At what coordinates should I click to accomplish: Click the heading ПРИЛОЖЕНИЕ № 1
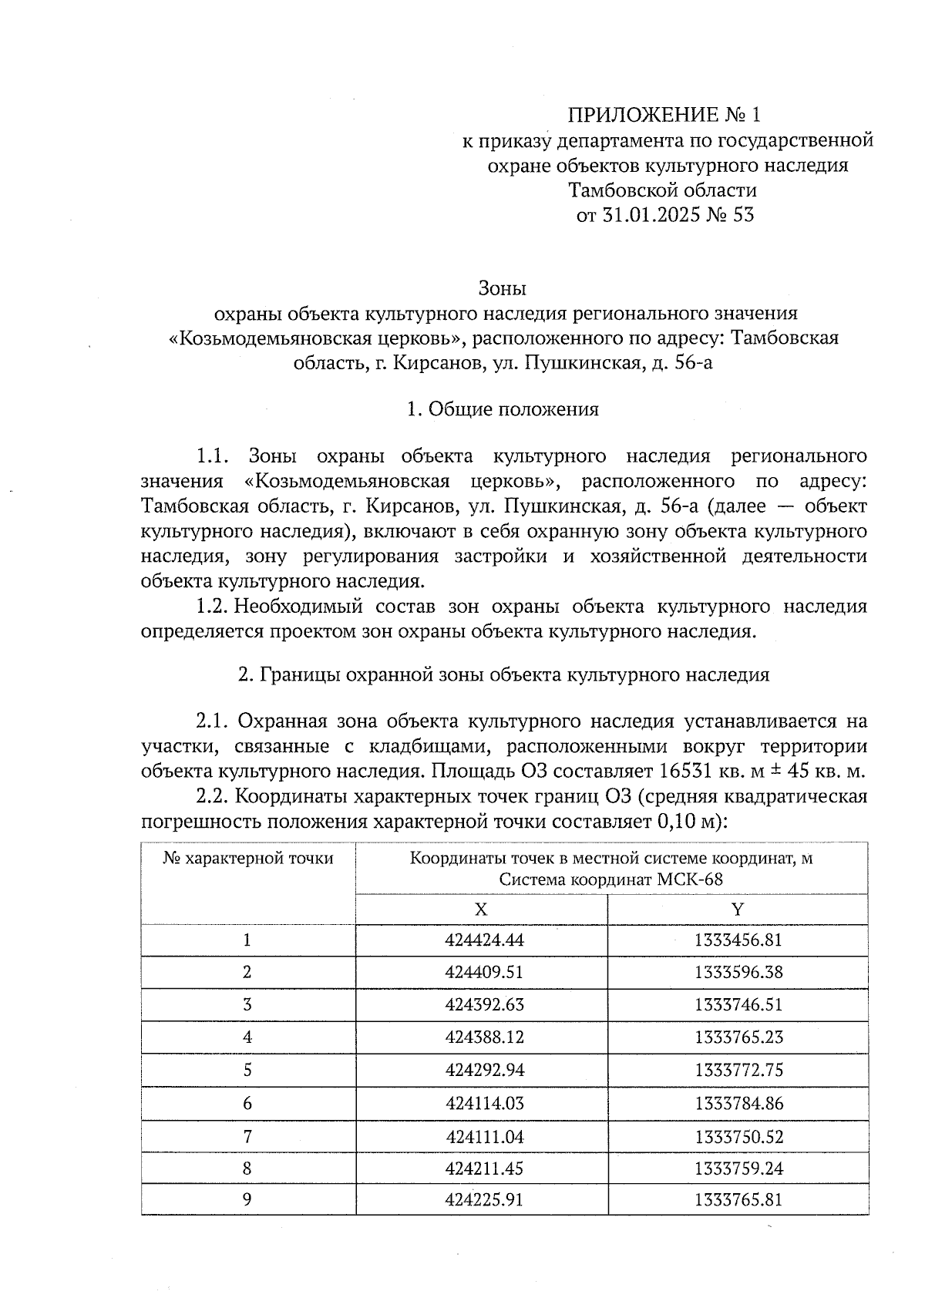coord(663,116)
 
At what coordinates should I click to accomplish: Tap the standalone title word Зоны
coord(502,289)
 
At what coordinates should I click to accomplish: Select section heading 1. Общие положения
coord(503,409)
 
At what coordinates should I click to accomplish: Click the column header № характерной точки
coord(248,859)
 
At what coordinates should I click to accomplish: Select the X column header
coord(481,910)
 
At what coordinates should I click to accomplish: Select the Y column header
coord(738,910)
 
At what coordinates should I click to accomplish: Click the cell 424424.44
coord(484,940)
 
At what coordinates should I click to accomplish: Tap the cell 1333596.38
coord(738,973)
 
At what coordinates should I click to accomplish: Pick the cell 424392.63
coord(484,1005)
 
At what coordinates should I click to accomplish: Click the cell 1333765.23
coord(738,1037)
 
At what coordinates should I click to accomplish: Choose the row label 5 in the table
coord(247,1071)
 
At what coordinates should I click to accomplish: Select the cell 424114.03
coord(484,1104)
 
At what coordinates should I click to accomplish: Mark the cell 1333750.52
coord(738,1137)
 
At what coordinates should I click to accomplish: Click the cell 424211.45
coord(484,1169)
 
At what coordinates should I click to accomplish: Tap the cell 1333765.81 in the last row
coord(738,1201)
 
